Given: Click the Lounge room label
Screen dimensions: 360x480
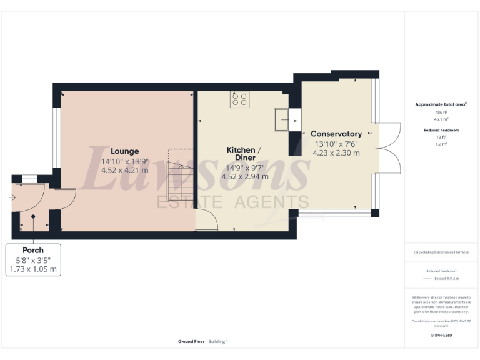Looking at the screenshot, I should click(x=124, y=151).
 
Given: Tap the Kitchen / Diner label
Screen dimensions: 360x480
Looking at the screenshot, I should click(x=240, y=154).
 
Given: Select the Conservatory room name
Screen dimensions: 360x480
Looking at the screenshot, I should click(x=336, y=134).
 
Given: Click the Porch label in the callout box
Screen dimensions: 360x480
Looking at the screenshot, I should click(x=33, y=250).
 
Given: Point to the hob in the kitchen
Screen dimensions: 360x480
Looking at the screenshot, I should click(x=239, y=99).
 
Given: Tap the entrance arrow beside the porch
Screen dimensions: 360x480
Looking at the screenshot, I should click(x=12, y=197).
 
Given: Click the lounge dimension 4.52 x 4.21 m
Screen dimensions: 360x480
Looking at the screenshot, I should click(x=124, y=170).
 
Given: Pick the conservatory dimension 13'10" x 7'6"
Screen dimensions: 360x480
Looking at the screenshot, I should click(x=336, y=143).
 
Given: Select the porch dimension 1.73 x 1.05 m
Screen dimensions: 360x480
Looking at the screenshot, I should click(x=33, y=269).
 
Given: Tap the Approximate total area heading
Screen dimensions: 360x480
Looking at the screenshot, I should click(x=437, y=104).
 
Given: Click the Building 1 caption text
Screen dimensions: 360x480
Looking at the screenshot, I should click(x=218, y=342).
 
